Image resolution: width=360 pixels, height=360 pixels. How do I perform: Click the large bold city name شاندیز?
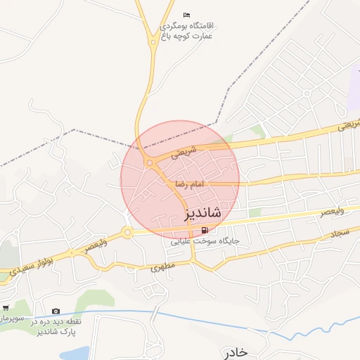203,212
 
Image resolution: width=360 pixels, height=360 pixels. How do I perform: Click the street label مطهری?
161,268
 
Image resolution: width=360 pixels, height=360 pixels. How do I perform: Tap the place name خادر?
233,352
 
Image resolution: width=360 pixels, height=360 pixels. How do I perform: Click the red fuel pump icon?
205,230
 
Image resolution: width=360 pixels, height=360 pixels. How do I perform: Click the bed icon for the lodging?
186,15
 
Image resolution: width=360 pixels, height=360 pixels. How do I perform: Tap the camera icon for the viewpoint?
56,311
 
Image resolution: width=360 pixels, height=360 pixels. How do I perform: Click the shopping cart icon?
5,307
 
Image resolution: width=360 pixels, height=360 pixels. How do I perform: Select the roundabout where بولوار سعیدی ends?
127,232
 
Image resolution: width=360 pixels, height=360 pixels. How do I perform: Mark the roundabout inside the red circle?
150,163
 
